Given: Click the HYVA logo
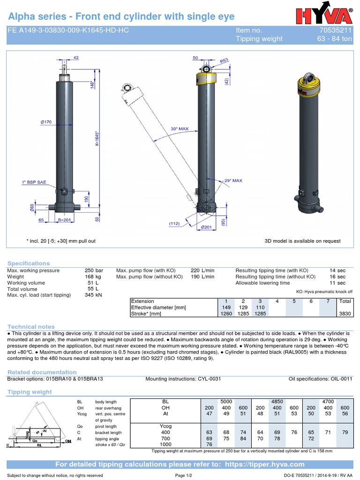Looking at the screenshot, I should coord(324,15).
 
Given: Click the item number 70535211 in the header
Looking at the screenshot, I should coord(338,30).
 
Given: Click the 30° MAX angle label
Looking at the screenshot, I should coord(166,128).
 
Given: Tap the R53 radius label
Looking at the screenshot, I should coord(225,61).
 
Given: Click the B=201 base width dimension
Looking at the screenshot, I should coord(64,219).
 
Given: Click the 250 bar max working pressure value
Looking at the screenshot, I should coord(94,270).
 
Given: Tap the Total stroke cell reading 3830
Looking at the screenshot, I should coord(345,314).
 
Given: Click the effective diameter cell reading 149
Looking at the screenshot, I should coord(226,307).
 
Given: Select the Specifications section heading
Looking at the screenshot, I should coord(28,263).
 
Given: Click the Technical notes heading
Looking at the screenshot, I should coord(31,326).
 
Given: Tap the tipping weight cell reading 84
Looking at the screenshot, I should coord(243,439).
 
